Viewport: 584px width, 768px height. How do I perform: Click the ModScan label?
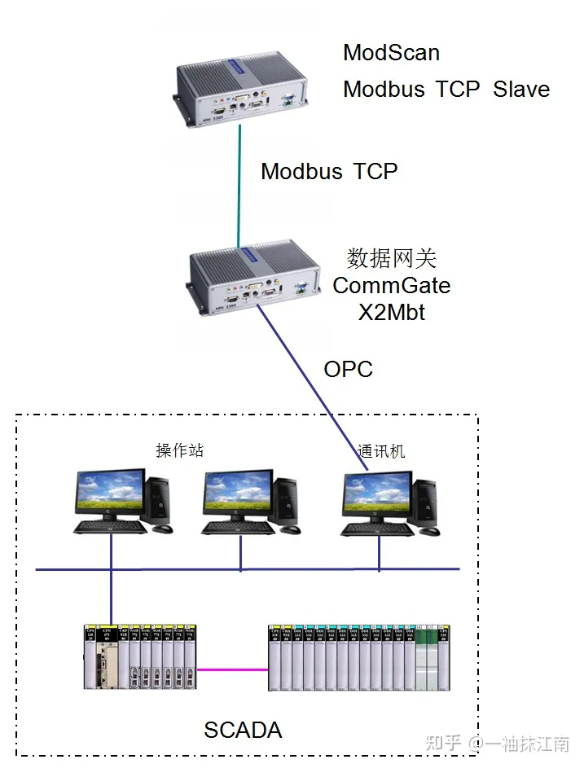pyautogui.click(x=391, y=53)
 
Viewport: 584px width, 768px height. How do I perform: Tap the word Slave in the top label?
pyautogui.click(x=521, y=89)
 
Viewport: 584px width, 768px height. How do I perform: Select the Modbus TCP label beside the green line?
pyautogui.click(x=329, y=171)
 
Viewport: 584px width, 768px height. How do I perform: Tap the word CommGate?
pyautogui.click(x=391, y=286)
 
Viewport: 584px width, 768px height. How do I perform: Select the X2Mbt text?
pyautogui.click(x=391, y=312)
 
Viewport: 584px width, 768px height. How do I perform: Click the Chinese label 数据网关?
pyautogui.click(x=391, y=259)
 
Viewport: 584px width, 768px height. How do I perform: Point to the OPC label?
pyautogui.click(x=348, y=369)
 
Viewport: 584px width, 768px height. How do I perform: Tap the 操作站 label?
pyautogui.click(x=179, y=450)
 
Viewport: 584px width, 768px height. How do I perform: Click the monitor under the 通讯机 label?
pyautogui.click(x=375, y=494)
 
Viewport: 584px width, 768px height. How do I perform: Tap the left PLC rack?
pyautogui.click(x=140, y=656)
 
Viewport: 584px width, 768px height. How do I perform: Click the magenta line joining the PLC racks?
pyautogui.click(x=232, y=669)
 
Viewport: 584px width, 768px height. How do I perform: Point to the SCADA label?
pyautogui.click(x=243, y=730)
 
